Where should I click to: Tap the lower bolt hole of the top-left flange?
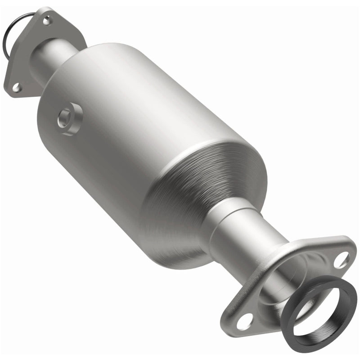(16, 87)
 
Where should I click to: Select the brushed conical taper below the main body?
(198, 198)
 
